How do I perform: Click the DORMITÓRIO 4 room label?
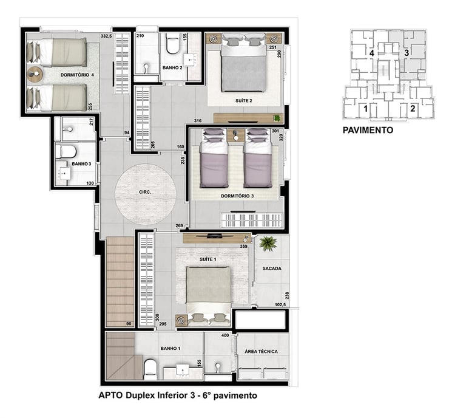coord(77,75)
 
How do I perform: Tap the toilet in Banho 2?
coord(172,44)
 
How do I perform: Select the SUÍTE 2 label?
coord(244,101)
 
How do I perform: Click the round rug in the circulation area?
coord(146,194)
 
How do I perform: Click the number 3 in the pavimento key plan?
coord(407,53)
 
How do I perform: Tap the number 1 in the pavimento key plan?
coord(365,109)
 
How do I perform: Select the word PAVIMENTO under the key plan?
coord(368,130)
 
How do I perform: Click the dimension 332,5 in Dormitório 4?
coord(106,36)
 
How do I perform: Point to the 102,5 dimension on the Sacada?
coord(280,304)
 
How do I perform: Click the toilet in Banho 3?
coord(66,151)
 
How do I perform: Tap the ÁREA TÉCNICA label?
coord(262,351)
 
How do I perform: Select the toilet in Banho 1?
coord(150,369)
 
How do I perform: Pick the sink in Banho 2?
coord(190,60)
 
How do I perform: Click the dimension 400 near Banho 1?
coord(225,335)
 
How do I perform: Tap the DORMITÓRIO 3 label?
coord(237,196)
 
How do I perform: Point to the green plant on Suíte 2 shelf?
coord(277,118)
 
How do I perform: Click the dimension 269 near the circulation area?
coord(179,225)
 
